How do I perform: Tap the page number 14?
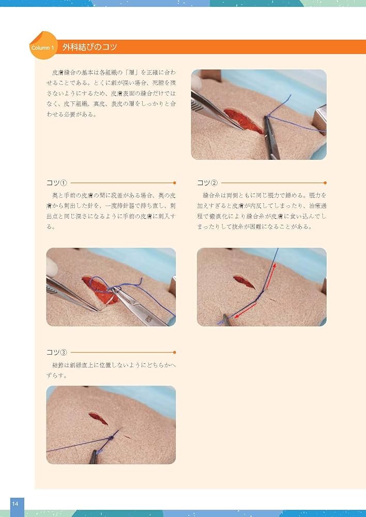[x=16, y=504]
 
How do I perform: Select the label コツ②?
[x=207, y=183]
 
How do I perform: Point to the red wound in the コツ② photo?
[x=243, y=281]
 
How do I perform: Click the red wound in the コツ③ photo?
[x=98, y=417]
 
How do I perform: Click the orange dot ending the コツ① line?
[x=174, y=183]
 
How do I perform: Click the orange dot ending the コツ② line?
[x=325, y=183]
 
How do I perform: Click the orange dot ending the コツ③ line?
[x=174, y=353]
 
